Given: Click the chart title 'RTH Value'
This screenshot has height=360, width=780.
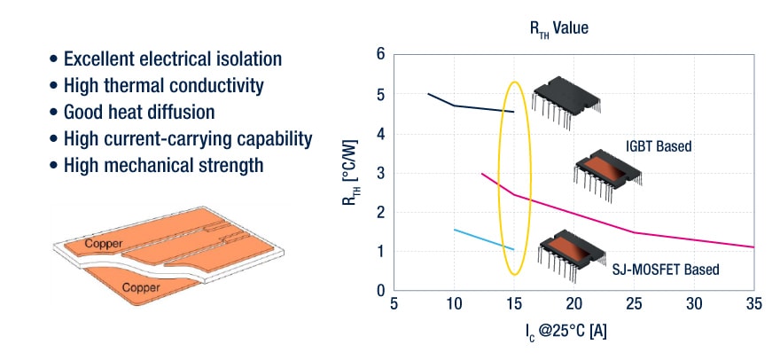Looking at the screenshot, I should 558,28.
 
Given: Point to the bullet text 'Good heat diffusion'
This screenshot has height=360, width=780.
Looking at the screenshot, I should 139,113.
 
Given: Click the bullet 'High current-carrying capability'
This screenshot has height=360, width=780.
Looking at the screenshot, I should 187,139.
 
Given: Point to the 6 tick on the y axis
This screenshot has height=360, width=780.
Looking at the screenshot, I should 380,55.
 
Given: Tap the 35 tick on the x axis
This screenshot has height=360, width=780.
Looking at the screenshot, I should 753,304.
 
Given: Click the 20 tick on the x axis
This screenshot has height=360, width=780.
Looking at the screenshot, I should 573,304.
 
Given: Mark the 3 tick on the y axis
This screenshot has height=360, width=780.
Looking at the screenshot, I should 380,173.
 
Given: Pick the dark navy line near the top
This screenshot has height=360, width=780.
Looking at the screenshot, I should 470,106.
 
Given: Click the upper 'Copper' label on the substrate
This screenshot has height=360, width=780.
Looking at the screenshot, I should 103,243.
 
